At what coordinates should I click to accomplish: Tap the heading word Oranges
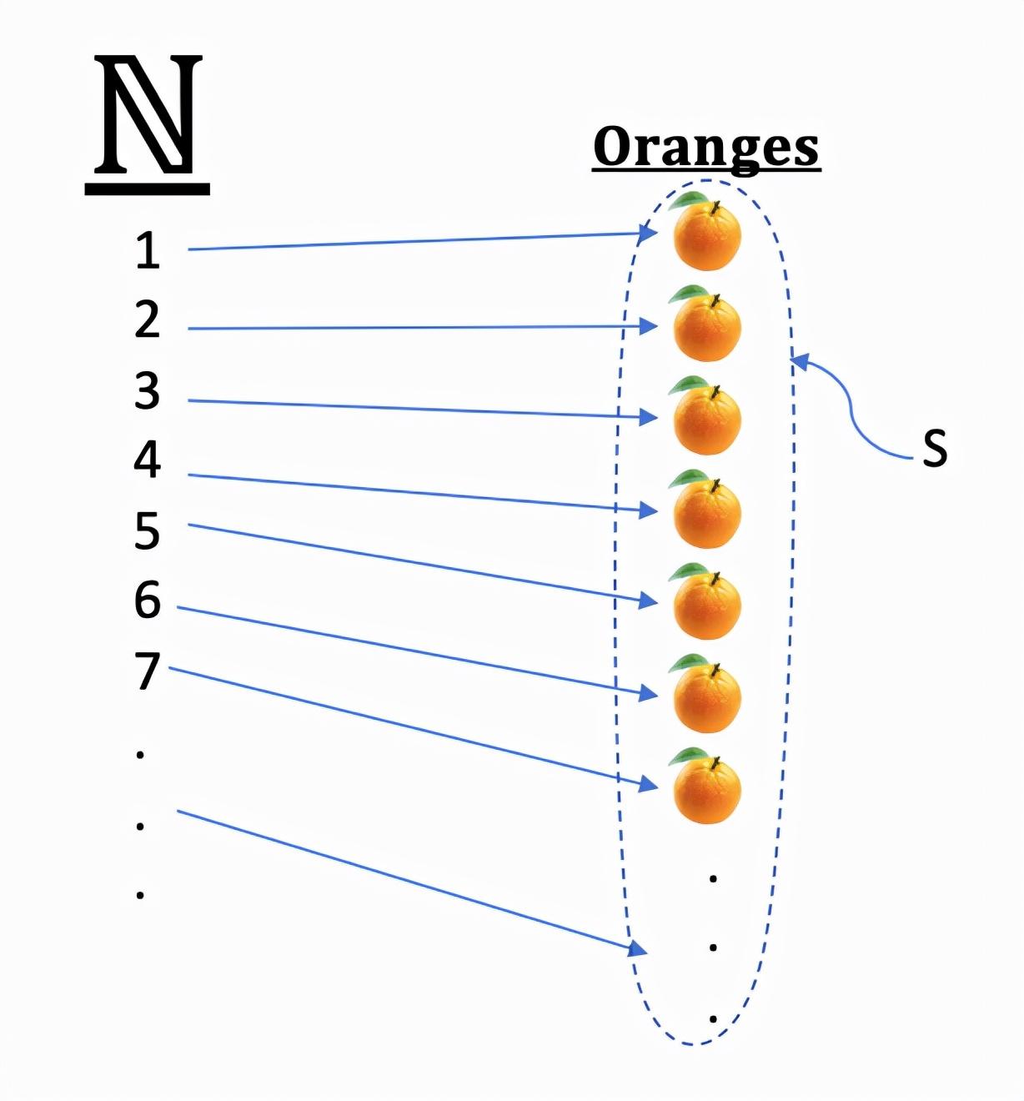point(705,148)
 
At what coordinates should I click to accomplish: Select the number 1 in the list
point(148,250)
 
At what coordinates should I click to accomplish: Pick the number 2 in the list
point(147,319)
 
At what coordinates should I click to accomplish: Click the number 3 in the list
point(147,390)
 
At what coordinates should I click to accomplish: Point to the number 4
point(147,460)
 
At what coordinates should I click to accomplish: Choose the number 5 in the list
point(147,531)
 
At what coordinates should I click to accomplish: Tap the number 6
point(148,600)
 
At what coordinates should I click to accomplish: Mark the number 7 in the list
point(148,671)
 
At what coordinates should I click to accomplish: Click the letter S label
point(935,449)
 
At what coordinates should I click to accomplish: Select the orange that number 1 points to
point(707,236)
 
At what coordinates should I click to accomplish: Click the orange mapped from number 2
point(707,328)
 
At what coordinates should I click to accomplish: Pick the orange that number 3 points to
point(707,420)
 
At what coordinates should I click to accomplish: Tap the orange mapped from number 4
point(707,513)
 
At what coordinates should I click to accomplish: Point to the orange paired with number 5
point(707,605)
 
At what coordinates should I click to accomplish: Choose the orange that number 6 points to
point(707,698)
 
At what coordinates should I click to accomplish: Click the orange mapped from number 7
point(707,790)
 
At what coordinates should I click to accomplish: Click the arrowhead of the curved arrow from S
point(799,361)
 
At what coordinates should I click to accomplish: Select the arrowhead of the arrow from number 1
point(648,232)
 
